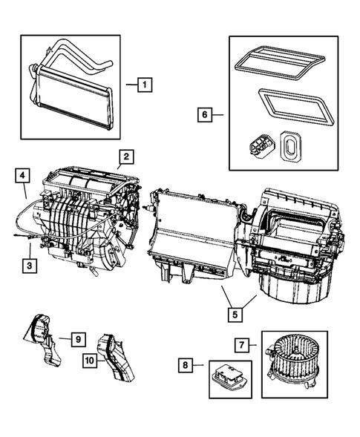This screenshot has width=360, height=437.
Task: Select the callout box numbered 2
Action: [126, 157]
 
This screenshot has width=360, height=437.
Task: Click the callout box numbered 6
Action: [208, 115]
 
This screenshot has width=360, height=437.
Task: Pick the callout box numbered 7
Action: [240, 344]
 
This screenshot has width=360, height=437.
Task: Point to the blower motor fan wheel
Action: [290, 352]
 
